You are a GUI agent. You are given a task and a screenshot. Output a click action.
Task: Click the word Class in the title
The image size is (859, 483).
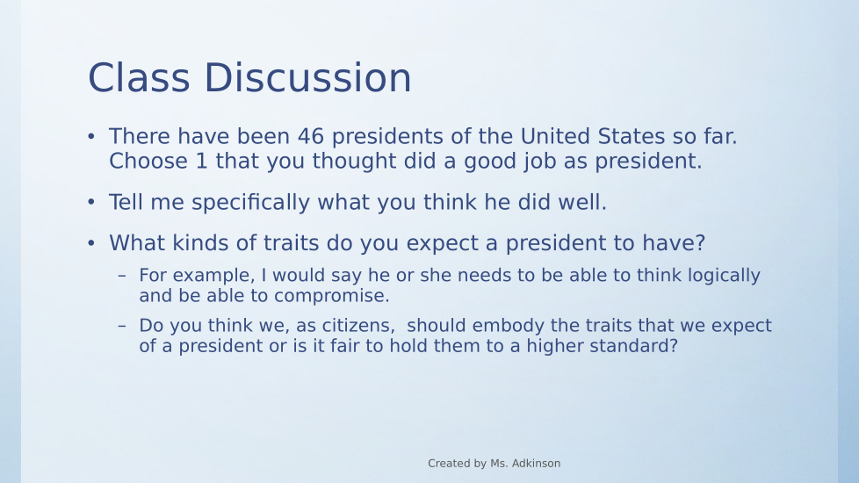tap(139, 77)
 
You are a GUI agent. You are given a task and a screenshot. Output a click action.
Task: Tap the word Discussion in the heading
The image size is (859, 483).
tap(308, 77)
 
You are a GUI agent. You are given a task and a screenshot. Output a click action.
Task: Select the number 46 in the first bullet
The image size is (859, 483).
tap(311, 136)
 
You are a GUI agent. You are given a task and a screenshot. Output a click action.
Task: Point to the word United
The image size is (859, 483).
tap(555, 136)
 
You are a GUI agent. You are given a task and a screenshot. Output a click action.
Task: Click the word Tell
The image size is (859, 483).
tap(126, 202)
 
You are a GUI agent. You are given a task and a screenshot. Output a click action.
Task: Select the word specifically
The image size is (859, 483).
tap(251, 203)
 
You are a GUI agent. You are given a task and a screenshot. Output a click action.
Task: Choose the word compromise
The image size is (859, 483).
tap(331, 296)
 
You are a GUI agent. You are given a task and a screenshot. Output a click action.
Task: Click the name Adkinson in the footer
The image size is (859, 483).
tap(535, 464)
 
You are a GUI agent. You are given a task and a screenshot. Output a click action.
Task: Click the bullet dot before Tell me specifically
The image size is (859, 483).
tap(91, 202)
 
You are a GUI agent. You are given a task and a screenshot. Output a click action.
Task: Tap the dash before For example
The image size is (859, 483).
tap(122, 276)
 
